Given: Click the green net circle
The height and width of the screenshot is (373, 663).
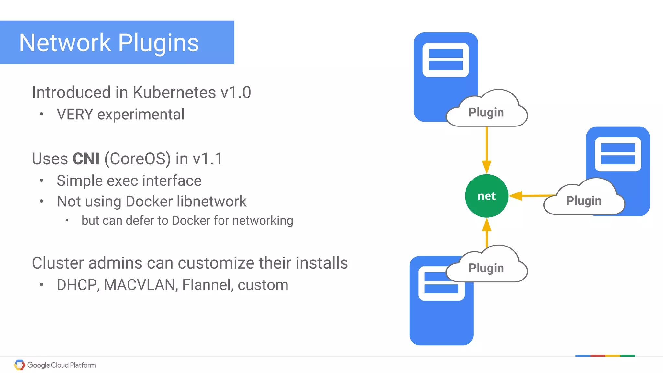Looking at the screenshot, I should (486, 196).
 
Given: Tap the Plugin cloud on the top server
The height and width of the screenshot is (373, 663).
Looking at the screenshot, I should (486, 112).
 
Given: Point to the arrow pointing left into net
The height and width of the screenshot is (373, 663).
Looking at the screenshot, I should (531, 195).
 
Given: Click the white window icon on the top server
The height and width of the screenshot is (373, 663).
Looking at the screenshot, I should (445, 60).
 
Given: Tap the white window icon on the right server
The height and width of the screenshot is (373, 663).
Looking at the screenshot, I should (618, 154).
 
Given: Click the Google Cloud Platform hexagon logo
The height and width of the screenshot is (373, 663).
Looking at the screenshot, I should (19, 365).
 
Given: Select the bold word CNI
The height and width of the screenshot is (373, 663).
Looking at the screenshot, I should (86, 159).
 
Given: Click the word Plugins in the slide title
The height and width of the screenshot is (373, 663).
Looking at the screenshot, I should (158, 43).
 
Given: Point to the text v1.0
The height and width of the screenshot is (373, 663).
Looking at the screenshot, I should (235, 93).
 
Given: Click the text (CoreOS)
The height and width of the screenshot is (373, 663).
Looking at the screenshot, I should (137, 159).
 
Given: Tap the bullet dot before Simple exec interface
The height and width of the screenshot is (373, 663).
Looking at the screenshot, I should (41, 181).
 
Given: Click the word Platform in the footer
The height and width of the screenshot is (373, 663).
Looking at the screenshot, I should (83, 365).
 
